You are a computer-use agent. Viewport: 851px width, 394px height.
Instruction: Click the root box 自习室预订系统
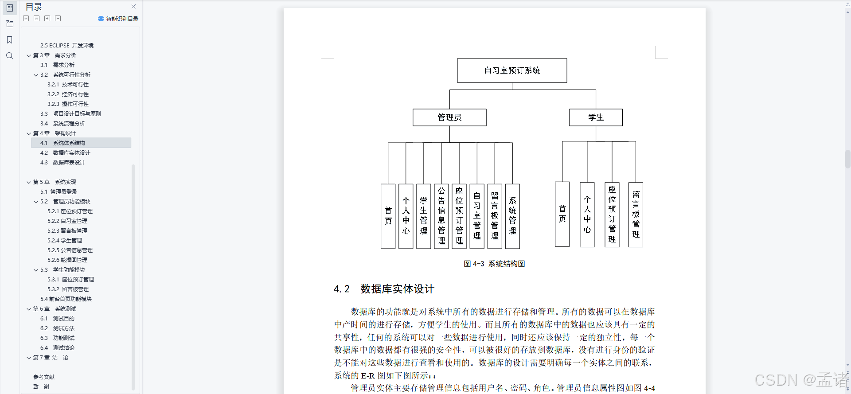pos(512,70)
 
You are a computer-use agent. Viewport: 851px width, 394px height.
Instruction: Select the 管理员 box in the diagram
pos(449,117)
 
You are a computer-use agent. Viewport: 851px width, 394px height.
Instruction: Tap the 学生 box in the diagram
pos(596,117)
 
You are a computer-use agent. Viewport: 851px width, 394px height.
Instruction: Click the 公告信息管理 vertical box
pos(441,216)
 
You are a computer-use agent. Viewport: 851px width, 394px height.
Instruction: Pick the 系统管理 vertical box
pos(512,216)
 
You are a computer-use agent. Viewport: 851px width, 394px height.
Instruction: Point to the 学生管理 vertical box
pos(424,216)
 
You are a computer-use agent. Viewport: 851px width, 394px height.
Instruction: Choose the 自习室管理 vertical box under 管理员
pos(477,216)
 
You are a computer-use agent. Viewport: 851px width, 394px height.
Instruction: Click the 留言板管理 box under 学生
pos(636,215)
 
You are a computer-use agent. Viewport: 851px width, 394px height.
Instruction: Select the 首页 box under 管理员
pos(388,216)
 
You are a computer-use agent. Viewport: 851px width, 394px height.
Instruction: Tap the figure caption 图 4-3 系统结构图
pos(494,264)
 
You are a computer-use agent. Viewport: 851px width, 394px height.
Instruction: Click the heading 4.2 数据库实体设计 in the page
pos(384,289)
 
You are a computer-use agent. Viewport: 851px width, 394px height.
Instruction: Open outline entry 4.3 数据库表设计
pos(69,163)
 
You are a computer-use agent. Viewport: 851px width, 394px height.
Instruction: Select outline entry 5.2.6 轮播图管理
pos(67,260)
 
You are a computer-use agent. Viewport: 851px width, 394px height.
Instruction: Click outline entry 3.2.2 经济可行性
pos(68,94)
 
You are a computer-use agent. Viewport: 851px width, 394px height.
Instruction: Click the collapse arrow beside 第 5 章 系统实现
pos(29,182)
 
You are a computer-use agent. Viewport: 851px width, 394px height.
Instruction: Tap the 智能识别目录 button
pos(118,19)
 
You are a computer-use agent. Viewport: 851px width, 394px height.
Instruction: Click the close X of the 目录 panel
pos(134,7)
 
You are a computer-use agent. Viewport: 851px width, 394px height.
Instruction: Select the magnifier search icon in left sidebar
pos(9,56)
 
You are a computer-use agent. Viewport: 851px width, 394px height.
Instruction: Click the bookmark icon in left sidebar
pos(9,40)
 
